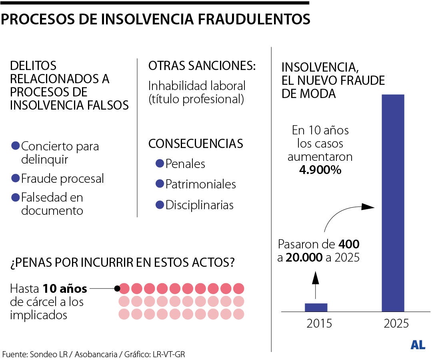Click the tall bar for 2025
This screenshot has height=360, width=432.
click(x=393, y=203)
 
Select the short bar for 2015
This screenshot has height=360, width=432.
click(x=316, y=307)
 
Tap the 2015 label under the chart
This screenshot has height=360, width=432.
click(x=319, y=323)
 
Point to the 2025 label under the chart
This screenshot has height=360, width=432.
click(x=396, y=323)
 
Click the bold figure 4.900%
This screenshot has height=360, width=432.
click(x=320, y=170)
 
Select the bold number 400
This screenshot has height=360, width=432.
click(x=349, y=244)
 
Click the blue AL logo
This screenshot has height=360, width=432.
click(x=418, y=345)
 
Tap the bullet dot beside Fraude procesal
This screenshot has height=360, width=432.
click(x=16, y=178)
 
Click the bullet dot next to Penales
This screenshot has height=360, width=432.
click(x=160, y=163)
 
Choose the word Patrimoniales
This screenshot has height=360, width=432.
click(x=200, y=184)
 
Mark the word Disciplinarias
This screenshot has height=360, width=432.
click(x=199, y=205)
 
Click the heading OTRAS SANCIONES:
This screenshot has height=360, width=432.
click(x=202, y=66)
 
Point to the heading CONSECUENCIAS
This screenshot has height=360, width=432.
click(x=196, y=143)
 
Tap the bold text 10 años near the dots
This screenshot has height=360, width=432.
click(x=65, y=288)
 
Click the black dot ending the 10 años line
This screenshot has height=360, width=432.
click(x=117, y=288)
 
